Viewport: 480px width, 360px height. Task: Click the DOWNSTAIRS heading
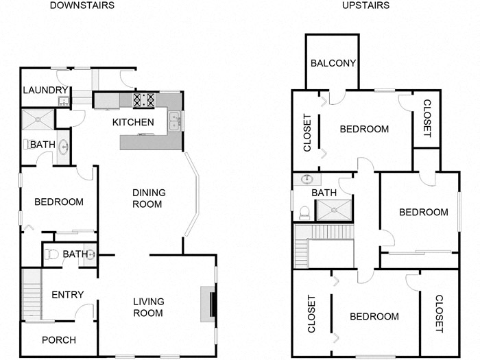82,5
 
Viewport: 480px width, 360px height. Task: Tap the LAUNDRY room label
45,91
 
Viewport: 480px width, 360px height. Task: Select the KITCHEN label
133,122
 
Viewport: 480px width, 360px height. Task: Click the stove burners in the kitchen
145,101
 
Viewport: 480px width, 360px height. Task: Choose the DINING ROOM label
147,198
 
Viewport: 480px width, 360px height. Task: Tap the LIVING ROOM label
147,307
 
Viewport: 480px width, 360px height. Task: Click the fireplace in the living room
208,302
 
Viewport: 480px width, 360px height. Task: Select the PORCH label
58,340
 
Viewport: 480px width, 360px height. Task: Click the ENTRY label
68,295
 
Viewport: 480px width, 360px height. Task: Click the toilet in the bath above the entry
51,254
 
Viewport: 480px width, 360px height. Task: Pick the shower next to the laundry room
38,119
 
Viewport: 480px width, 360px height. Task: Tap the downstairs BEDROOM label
59,202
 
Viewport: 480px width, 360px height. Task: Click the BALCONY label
333,63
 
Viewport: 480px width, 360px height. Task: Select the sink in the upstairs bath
307,180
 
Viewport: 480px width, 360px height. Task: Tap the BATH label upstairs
324,193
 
